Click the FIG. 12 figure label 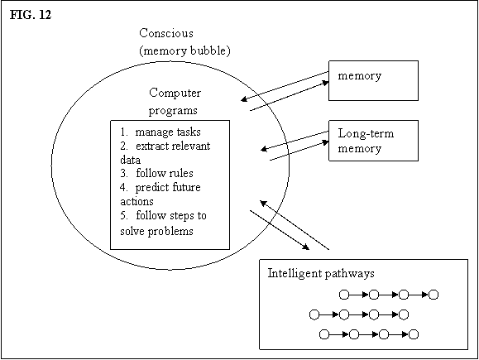pos(31,15)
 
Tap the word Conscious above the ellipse pos(166,33)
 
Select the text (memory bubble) pos(184,50)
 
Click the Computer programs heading pos(175,102)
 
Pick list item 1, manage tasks pos(160,132)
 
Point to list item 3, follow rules pos(156,173)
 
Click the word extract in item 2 pos(150,146)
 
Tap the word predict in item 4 pos(151,188)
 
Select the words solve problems pos(156,231)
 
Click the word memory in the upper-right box pos(360,76)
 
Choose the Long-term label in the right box pos(366,133)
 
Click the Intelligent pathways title pos(321,273)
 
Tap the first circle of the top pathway pos(344,295)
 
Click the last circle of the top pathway pos(433,295)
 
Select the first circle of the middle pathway pos(314,314)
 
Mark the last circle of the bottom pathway pos(414,334)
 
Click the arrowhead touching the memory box pos(325,83)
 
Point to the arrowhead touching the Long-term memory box pos(325,142)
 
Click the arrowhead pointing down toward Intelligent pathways pos(306,247)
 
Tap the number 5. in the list pos(124,216)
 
